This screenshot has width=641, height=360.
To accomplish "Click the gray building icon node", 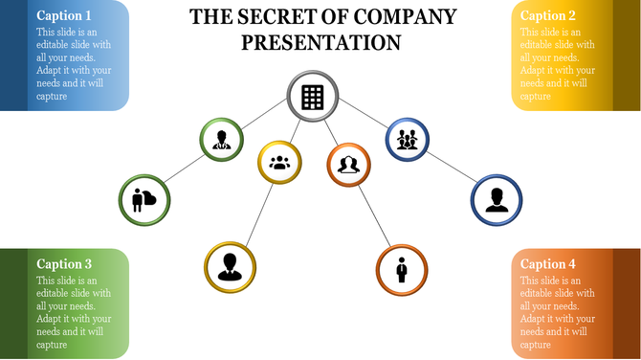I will tap(312, 97).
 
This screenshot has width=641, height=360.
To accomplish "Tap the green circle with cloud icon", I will tap(144, 200).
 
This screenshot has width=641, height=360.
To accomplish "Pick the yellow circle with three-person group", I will tap(279, 163).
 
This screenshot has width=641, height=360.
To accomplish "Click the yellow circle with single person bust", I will tap(230, 265).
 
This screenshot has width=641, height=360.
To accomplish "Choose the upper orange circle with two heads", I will tap(349, 165).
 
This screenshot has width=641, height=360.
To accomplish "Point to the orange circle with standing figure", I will tap(402, 269).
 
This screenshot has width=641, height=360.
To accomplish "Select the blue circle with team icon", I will tap(408, 140).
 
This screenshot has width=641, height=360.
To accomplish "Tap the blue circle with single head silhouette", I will tap(496, 200).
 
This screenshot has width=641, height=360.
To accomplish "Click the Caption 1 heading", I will tap(64, 15).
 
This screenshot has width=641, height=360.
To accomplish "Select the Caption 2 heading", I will tap(548, 15).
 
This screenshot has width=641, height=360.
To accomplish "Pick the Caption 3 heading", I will tap(64, 263).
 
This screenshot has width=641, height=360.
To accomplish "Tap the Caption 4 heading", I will tap(548, 264).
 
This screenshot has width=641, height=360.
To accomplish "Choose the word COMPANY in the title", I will tap(404, 16).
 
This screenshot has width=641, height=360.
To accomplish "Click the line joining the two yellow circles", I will tap(254, 214).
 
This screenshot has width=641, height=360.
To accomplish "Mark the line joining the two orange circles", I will tap(375, 216).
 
